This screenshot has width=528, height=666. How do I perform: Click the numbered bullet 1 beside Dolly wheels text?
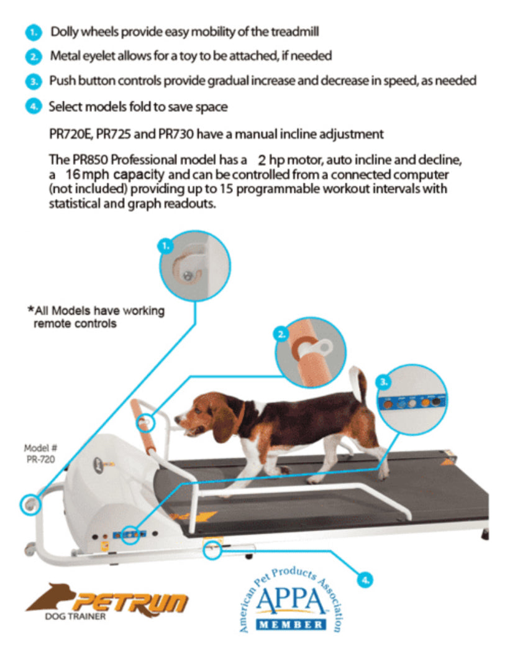[x=34, y=32]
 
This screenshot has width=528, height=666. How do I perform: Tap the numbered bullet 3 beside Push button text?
[x=34, y=81]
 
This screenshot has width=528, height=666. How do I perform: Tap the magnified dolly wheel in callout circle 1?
[x=188, y=269]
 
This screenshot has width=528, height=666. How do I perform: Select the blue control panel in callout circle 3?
[x=411, y=401]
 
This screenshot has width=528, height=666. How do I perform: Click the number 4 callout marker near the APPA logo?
[x=365, y=580]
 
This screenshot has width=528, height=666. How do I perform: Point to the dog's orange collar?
[x=242, y=415]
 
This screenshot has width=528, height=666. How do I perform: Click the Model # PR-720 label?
[x=40, y=453]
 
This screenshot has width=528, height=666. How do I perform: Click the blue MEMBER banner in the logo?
[x=291, y=624]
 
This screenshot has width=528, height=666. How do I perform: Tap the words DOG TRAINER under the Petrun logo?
[x=75, y=616]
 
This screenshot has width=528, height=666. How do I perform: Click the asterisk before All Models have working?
[x=30, y=309]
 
